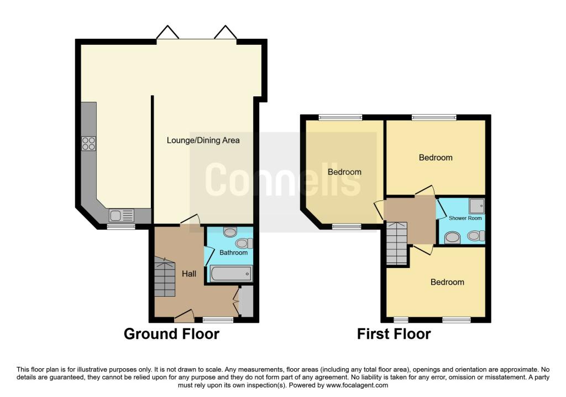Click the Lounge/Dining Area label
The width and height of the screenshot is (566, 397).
(x=203, y=141)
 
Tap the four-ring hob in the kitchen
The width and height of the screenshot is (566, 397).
(x=88, y=143)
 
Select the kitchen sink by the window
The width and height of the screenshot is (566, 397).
(x=121, y=214)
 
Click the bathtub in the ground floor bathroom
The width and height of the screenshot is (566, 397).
(x=231, y=274)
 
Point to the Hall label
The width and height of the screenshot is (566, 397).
(x=190, y=274)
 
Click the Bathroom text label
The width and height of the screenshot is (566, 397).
(x=234, y=253)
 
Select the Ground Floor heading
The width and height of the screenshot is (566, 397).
(x=171, y=334)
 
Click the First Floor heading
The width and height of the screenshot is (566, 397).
(x=394, y=334)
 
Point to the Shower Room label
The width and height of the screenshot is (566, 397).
(x=465, y=218)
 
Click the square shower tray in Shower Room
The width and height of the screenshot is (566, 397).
(x=476, y=206)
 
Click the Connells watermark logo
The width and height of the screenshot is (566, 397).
(x=282, y=179)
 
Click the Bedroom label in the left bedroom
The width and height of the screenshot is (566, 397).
(x=344, y=172)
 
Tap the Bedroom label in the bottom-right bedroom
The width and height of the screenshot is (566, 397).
(x=447, y=282)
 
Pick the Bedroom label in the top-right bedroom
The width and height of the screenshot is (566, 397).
(x=436, y=158)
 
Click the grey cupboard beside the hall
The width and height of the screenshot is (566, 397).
(x=247, y=302)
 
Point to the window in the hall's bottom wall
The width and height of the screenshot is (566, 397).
(x=218, y=319)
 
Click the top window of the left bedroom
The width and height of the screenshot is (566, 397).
(x=340, y=117)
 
